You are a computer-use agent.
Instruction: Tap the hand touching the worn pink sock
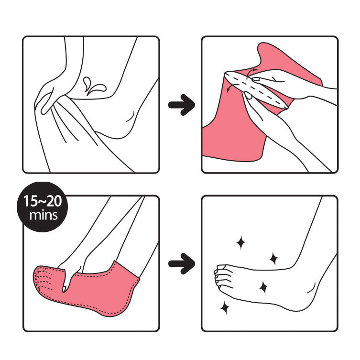[x=72, y=275]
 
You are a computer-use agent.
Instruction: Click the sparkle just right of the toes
[x=262, y=287]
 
